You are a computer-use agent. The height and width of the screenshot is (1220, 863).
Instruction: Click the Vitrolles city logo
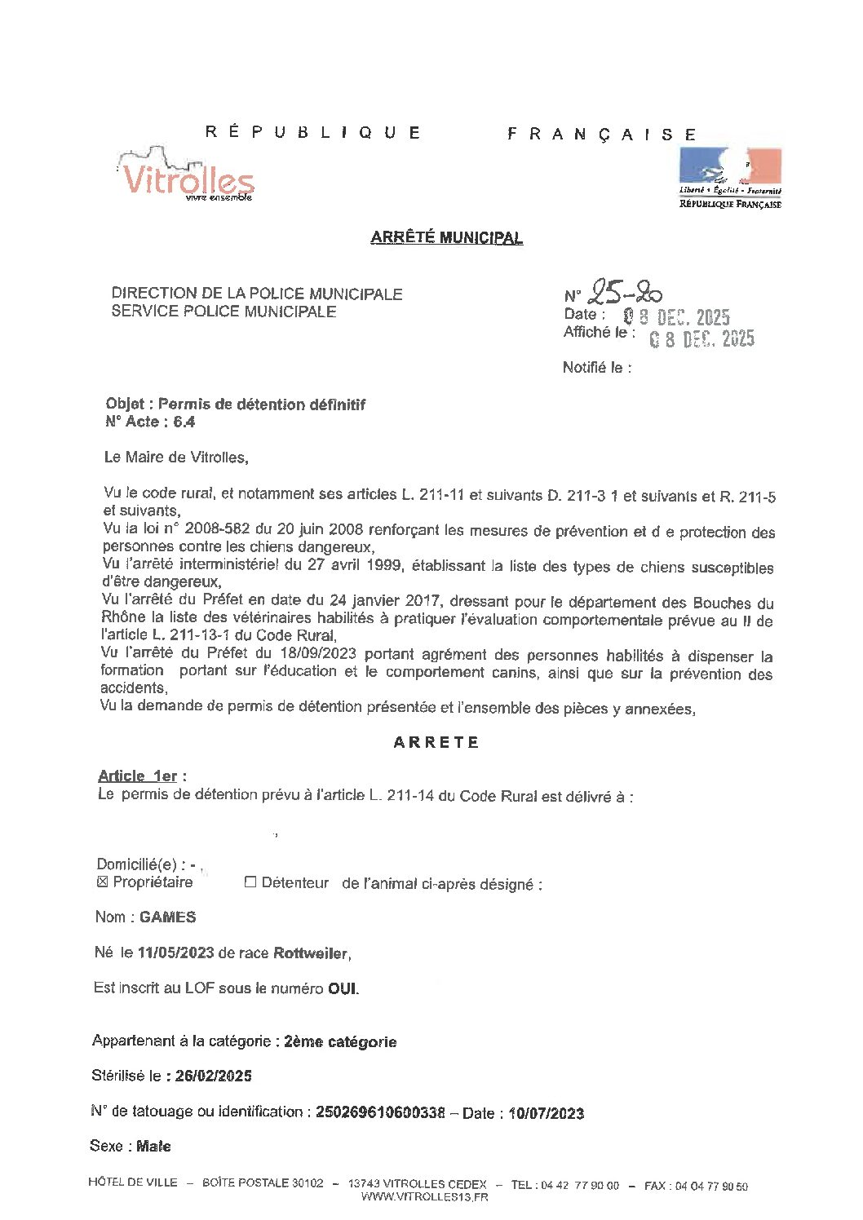point(187,175)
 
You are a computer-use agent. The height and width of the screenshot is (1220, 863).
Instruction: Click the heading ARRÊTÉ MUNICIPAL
point(446,237)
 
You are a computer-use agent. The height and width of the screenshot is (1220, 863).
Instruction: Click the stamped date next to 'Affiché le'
point(701,339)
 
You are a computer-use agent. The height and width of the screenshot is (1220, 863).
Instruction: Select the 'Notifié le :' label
point(597,368)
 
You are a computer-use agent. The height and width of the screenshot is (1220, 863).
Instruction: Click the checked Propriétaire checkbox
point(102,882)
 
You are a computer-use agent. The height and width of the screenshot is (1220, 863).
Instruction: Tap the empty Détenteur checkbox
point(250,882)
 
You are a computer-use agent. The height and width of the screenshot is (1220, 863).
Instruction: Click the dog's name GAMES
point(167,917)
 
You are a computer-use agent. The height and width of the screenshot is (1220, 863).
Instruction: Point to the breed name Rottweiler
point(311,953)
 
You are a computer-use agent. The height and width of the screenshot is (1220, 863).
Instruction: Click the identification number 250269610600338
point(380,1112)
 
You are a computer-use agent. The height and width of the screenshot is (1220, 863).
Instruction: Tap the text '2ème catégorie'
point(340,1041)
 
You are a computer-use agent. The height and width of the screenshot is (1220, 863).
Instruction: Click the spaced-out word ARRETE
point(436,742)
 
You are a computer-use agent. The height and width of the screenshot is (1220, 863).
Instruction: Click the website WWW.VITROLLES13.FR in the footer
point(424,1197)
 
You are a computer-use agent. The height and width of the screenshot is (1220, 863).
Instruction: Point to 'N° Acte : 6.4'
point(150,422)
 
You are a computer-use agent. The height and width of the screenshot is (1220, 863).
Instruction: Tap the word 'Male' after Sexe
point(153,1147)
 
